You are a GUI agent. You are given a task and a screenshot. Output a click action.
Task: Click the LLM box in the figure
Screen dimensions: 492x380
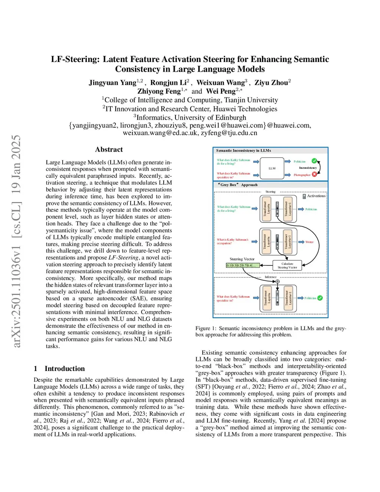tap(272, 168)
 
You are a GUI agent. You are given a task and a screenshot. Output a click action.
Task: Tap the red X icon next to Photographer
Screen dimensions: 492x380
tap(314, 174)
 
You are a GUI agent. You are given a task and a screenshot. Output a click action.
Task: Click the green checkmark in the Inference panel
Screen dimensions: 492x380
tap(320, 298)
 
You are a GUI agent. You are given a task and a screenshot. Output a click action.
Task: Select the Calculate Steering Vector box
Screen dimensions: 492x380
tap(287, 265)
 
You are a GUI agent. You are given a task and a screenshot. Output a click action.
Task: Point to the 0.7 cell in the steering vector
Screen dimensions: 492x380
tap(244, 265)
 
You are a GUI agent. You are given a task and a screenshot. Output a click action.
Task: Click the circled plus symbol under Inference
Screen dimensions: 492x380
tap(277, 281)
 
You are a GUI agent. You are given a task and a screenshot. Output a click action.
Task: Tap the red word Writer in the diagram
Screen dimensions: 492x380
tap(309, 242)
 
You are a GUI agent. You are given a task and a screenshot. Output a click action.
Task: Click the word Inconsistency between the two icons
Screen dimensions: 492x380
tap(308, 168)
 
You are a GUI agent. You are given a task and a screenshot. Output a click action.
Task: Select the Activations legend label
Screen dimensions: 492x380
tap(316, 196)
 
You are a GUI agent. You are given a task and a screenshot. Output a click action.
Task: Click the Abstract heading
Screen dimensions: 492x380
tap(109, 149)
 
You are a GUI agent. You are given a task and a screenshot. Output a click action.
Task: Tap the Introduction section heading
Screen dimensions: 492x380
tap(65, 368)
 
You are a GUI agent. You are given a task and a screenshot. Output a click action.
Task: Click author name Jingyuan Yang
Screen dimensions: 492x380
tap(112, 82)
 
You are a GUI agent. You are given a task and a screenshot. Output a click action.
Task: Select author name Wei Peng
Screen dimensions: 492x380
tap(221, 91)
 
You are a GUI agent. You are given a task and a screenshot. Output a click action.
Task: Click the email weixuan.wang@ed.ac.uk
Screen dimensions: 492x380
tap(160, 133)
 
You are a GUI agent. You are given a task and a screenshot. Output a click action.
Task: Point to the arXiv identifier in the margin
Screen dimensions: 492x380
tap(17, 241)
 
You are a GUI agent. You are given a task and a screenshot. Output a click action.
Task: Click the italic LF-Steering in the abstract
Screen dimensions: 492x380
tap(123, 257)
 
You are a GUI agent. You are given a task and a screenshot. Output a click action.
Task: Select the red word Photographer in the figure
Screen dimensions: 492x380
tap(302, 175)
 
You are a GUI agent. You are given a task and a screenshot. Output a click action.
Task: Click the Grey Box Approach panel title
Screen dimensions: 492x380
tap(238, 185)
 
